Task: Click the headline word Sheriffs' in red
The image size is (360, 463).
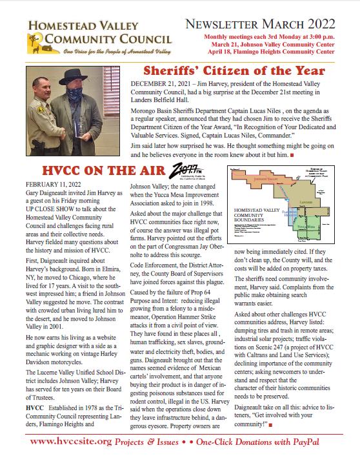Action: [x=173, y=70]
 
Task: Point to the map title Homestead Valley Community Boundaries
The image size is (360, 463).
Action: [x=254, y=216]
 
